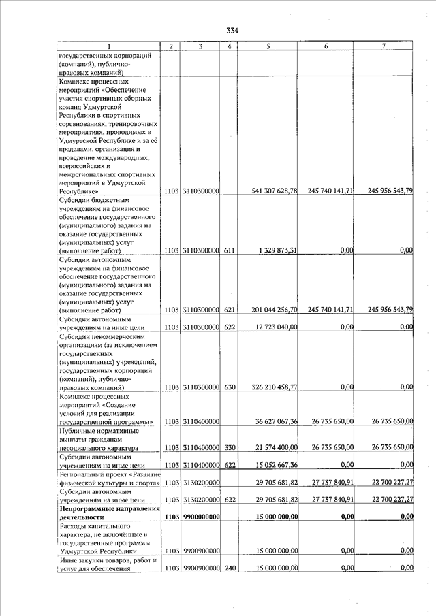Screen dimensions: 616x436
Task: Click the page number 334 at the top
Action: click(233, 30)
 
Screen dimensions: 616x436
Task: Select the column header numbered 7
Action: click(384, 46)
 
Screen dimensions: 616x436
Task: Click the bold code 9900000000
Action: click(200, 517)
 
